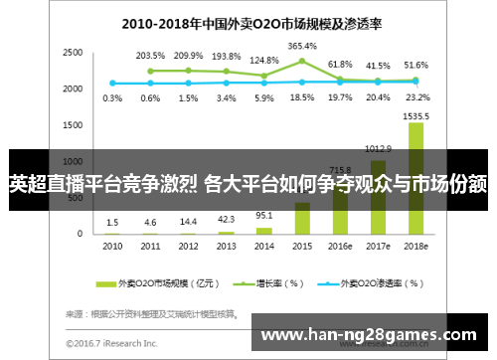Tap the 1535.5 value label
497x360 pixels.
416,116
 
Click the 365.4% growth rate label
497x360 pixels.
302,46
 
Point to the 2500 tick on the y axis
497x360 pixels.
72,52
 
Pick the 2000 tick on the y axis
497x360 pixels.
72,89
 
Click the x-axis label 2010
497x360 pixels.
112,245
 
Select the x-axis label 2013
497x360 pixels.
226,245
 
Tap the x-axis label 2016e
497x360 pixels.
340,245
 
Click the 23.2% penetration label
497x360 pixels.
416,97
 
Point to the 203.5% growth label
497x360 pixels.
150,56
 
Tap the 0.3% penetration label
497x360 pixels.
112,97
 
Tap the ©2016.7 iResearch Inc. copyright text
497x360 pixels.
111,344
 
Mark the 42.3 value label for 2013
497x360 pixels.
226,220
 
